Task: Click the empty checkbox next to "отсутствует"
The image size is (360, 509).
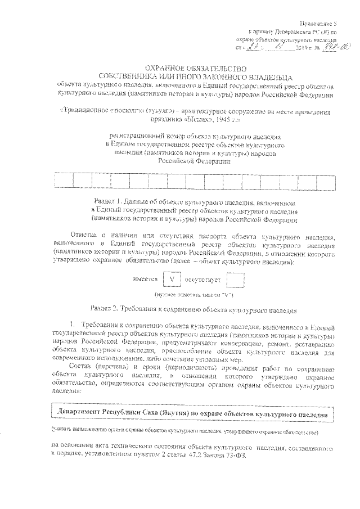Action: tap(237, 278)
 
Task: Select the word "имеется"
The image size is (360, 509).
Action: tap(145, 279)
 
